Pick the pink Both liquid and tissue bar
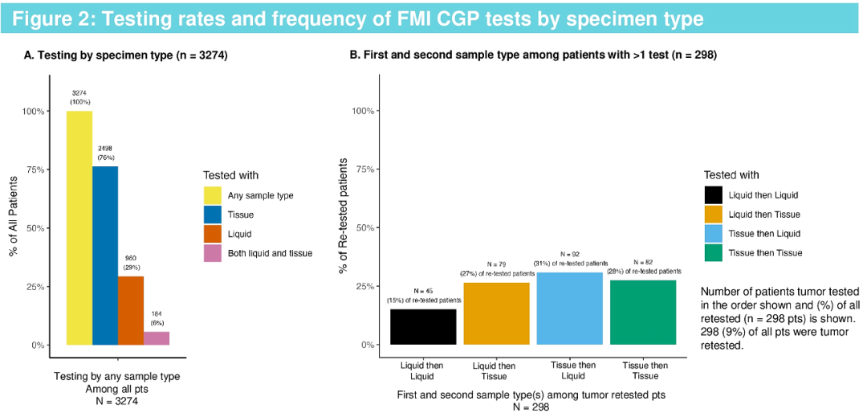[x=157, y=338]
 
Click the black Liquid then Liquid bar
[x=423, y=327]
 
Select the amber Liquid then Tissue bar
[x=497, y=313]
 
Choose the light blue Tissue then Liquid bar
[x=570, y=309]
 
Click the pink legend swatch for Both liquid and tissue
[x=213, y=253]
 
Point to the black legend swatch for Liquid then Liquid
[x=714, y=195]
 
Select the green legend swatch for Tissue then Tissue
[x=714, y=253]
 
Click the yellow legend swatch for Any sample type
[x=213, y=195]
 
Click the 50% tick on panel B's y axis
[x=366, y=228]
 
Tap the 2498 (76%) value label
[x=106, y=153]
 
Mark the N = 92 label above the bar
[x=570, y=253]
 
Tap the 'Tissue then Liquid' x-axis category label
[x=572, y=371]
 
